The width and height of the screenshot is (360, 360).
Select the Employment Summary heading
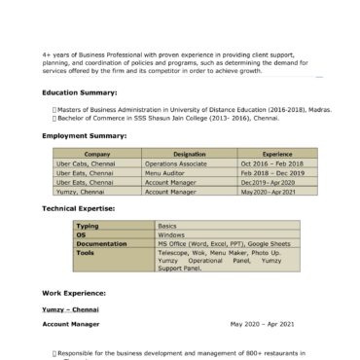pos(85,136)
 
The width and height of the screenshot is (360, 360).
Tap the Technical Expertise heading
pos(79,208)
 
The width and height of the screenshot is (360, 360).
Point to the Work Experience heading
pos(74,292)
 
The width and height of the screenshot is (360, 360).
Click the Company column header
pos(97,154)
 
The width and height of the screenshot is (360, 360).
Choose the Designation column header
pos(189,154)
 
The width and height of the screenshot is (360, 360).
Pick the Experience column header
pos(277,154)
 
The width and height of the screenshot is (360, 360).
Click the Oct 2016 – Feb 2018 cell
pos(271,164)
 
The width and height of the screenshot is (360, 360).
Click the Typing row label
pos(88,225)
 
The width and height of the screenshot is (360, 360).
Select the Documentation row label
pos(101,242)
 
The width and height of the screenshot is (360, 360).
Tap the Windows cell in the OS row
pos(171,234)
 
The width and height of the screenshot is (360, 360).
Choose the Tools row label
pos(85,251)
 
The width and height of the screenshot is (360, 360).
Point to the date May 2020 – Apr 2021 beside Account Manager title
pos(262,322)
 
